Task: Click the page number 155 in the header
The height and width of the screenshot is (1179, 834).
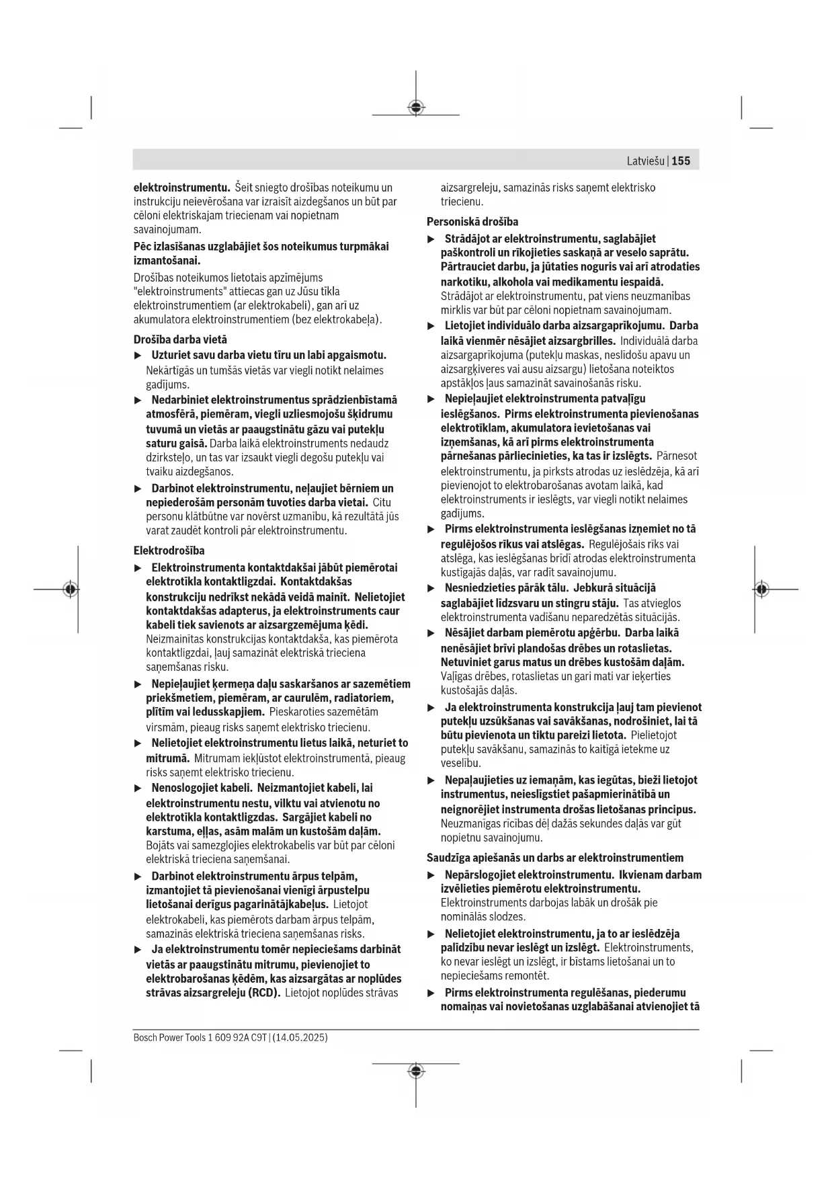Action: coord(681,161)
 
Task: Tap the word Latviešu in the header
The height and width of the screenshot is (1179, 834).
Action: coord(645,161)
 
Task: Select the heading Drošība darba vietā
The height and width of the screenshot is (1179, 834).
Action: coord(180,339)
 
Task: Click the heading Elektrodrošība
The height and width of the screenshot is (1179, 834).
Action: coord(169,551)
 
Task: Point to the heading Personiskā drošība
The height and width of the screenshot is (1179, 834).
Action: coord(472,221)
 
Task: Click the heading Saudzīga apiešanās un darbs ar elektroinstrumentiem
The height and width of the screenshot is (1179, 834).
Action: coord(555,858)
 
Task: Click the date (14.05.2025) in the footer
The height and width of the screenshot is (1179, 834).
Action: coord(300,1037)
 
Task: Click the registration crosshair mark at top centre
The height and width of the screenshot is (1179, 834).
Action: coord(416,108)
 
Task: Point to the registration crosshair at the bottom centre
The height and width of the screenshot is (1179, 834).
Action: coord(416,1070)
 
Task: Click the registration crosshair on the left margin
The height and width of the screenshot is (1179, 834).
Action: coord(71,589)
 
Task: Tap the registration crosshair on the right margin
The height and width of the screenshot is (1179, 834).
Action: coord(761,589)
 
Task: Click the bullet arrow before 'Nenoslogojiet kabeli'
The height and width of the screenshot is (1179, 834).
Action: coord(138,788)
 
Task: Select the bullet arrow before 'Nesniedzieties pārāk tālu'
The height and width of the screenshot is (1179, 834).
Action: coord(431,588)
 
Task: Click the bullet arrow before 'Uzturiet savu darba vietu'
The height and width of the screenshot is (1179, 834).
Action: coord(138,355)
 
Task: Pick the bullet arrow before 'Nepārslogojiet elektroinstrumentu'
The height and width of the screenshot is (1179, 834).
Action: coord(431,875)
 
